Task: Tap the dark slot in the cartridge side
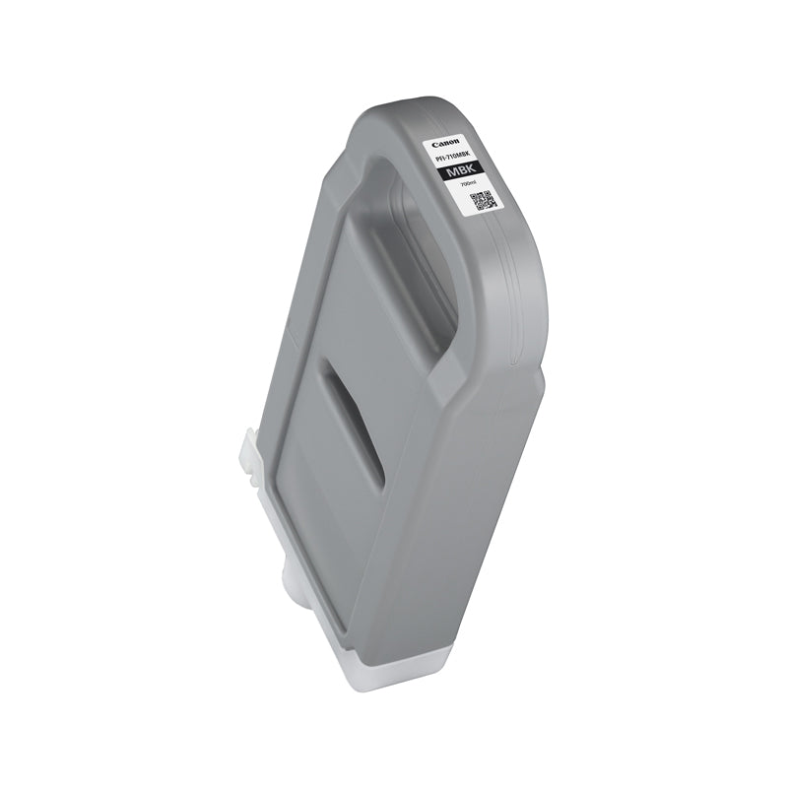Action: [x=354, y=433]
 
